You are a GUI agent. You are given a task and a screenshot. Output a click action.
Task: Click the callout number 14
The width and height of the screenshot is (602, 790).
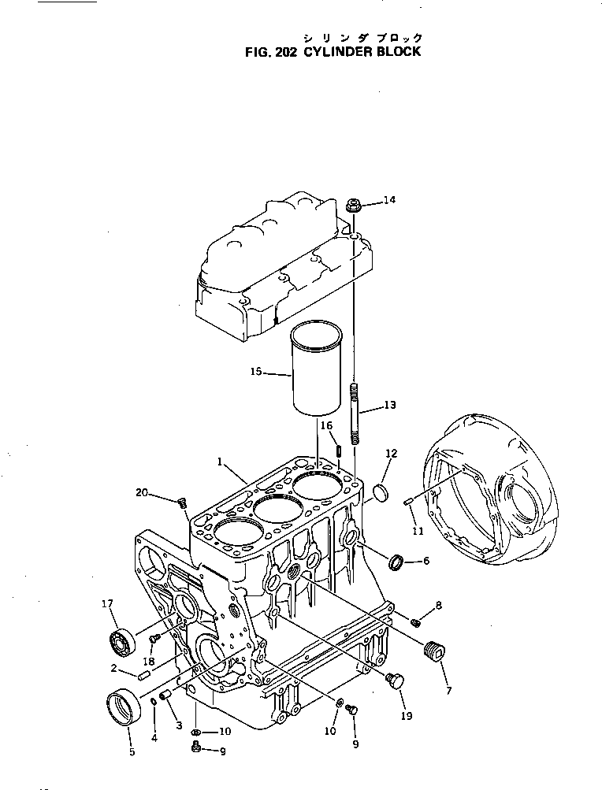tap(389, 201)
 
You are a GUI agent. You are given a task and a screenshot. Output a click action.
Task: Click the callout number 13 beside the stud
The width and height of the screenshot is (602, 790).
tap(390, 406)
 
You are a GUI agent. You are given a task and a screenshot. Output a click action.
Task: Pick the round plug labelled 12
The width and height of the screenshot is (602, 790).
tap(381, 493)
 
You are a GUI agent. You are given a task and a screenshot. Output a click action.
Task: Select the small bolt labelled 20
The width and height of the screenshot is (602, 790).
tap(182, 501)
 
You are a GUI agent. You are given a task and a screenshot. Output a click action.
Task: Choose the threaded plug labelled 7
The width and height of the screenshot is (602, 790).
tap(432, 652)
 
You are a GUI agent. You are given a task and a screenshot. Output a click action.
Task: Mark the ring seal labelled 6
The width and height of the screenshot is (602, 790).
tap(396, 562)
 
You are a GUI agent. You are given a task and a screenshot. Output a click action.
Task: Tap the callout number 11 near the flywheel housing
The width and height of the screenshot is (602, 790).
tap(418, 531)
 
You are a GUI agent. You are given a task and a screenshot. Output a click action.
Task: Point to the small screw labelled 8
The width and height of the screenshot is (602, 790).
tap(416, 623)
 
